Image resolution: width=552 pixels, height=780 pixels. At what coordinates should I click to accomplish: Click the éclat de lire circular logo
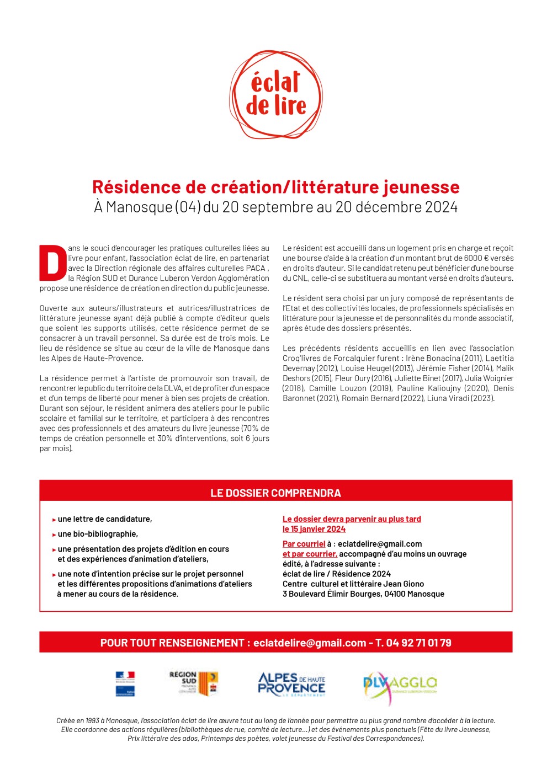pos(276,95)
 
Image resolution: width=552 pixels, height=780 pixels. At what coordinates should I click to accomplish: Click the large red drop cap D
pos(53,263)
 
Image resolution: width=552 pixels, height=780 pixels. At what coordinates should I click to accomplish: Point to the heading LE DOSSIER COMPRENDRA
pos(275,493)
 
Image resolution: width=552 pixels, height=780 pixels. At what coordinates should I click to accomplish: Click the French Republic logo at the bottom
pos(125,684)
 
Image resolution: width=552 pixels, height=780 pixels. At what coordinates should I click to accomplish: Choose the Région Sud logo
pos(193,683)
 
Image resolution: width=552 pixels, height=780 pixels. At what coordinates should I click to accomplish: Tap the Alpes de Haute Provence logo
pos(291,684)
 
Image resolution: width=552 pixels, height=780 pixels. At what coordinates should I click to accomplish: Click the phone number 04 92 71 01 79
pos(418,643)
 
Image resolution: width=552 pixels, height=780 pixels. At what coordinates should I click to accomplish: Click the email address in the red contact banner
pos(309,643)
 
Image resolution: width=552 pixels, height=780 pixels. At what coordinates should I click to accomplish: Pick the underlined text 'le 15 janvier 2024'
pos(314,529)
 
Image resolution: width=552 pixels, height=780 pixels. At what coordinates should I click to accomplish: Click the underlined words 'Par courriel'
pos(304,544)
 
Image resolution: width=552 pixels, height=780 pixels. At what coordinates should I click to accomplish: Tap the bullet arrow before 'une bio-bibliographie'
pos(54,535)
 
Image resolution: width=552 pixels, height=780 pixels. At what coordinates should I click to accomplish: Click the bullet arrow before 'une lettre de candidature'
pos(54,520)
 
